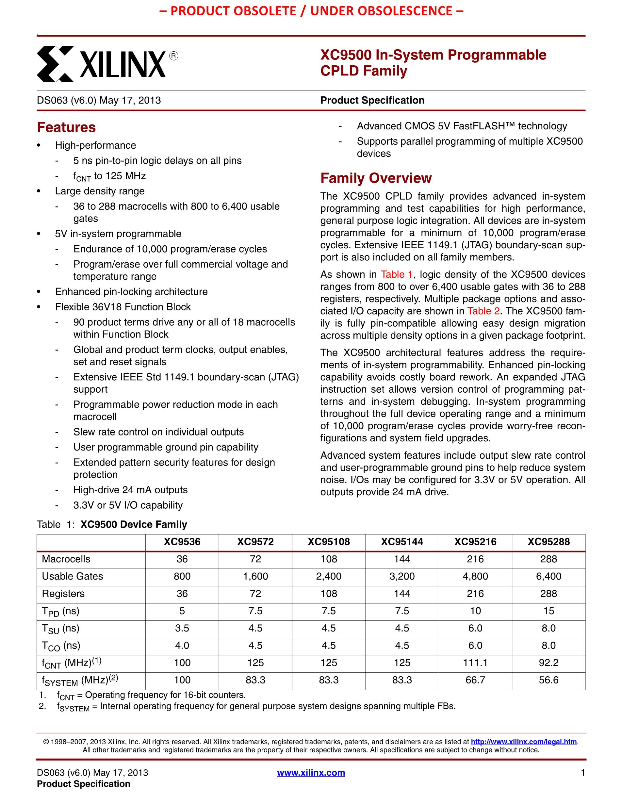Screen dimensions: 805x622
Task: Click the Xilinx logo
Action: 107,64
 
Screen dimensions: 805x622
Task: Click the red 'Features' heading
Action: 66,127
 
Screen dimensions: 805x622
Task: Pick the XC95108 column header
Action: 329,542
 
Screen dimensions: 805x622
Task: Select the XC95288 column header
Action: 548,542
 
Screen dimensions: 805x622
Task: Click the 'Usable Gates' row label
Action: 73,577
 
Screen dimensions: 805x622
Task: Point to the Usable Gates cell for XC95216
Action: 475,577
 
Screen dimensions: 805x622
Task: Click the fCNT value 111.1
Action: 475,663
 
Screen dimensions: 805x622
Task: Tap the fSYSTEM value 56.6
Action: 548,681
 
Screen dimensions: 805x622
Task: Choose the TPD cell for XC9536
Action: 182,611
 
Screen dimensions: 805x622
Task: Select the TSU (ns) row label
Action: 61,629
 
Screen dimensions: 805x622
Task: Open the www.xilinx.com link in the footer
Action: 311,773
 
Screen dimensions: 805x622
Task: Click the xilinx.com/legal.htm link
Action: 524,742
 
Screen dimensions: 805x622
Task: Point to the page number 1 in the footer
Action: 582,773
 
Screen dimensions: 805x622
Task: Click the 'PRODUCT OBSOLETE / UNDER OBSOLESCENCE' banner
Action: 311,11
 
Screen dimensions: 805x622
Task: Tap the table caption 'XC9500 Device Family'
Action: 134,524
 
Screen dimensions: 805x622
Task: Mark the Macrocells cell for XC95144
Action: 402,559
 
